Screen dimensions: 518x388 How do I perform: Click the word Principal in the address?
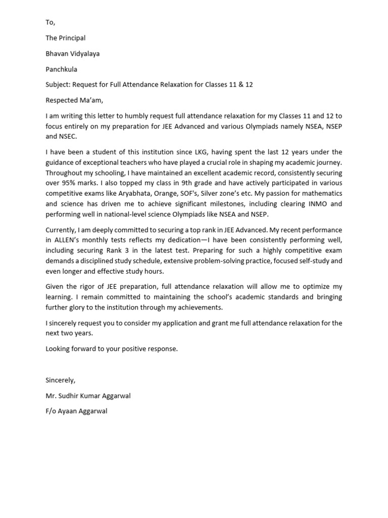pyautogui.click(x=72, y=38)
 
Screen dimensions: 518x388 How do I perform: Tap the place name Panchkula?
pyautogui.click(x=61, y=69)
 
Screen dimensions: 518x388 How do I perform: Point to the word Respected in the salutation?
pyautogui.click(x=62, y=100)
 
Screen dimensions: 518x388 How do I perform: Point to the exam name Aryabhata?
pyautogui.click(x=129, y=193)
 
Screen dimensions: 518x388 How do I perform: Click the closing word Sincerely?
pyautogui.click(x=60, y=380)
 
